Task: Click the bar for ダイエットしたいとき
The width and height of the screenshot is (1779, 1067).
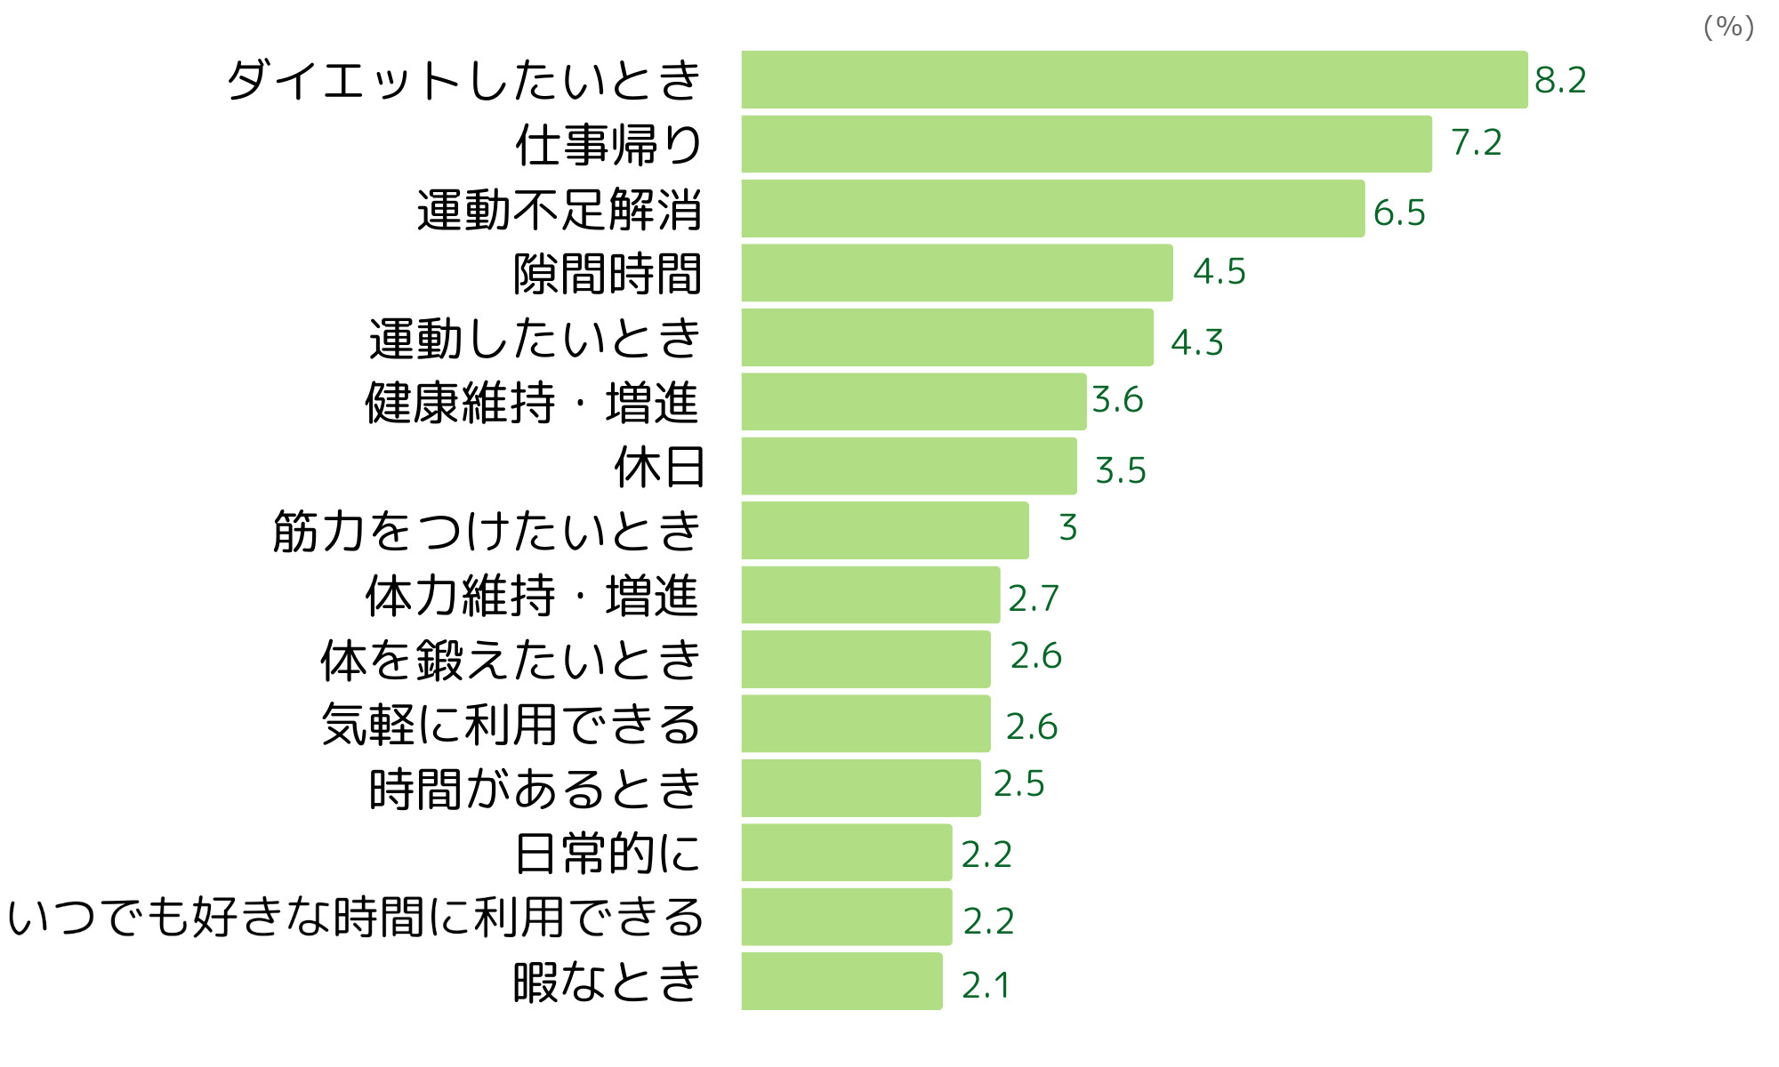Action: (1134, 80)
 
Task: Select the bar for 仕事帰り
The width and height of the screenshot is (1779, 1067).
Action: (1086, 144)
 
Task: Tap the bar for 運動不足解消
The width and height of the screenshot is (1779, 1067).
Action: (1052, 209)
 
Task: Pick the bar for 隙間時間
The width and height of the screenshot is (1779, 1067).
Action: (957, 273)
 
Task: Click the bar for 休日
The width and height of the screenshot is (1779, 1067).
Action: (909, 466)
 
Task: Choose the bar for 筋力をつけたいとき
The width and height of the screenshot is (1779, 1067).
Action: (885, 531)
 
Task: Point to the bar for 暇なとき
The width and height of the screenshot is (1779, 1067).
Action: (841, 982)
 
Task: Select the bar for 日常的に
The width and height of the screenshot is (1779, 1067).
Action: (847, 853)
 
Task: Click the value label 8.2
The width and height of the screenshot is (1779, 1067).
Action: (1560, 80)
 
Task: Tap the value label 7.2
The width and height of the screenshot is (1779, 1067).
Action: (1476, 142)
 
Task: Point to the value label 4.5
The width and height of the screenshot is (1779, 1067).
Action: (1219, 271)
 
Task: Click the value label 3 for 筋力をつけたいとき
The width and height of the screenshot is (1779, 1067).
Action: (1067, 527)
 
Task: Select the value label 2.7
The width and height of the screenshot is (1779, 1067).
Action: (1033, 598)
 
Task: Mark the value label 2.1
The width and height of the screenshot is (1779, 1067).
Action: (986, 985)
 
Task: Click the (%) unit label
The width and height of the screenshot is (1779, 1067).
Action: (1728, 27)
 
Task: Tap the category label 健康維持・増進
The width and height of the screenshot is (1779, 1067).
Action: (532, 403)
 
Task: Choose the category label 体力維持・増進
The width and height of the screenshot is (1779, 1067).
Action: (532, 596)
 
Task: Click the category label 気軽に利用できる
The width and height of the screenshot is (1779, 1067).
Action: (511, 725)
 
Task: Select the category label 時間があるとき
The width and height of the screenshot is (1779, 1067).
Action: (535, 789)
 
